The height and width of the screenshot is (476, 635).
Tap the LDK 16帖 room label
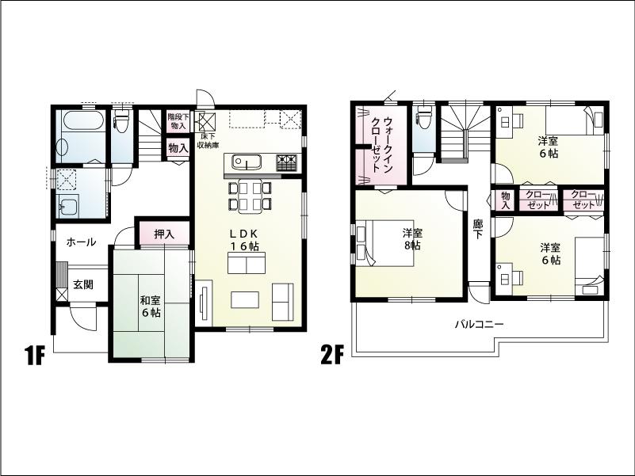[x=245, y=241]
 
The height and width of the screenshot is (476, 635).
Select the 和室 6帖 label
[x=150, y=307]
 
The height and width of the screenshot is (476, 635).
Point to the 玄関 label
[x=83, y=284]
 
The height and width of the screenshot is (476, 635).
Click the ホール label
[x=81, y=242]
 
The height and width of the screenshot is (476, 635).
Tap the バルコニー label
[x=479, y=324]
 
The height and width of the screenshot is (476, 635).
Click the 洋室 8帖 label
[x=411, y=239]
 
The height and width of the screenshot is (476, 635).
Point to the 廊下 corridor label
[x=477, y=230]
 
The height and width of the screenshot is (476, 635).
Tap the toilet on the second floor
[x=423, y=119]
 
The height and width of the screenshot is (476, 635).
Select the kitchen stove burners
[x=286, y=162]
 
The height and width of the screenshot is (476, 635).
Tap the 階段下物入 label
[x=177, y=121]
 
